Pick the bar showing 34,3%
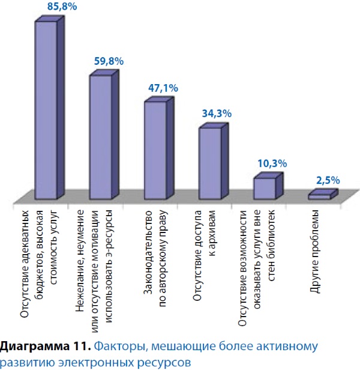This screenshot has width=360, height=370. point(209,163)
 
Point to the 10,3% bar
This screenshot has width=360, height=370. point(264,188)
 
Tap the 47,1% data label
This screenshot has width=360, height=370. point(163,88)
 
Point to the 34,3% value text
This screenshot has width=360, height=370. point(217,114)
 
